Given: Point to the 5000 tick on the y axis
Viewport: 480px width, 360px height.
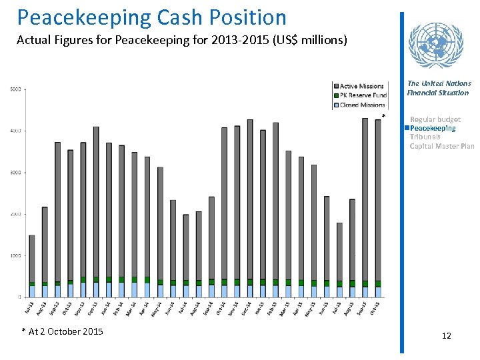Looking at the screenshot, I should pyautogui.click(x=15, y=89).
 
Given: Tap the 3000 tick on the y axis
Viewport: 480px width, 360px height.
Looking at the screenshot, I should pyautogui.click(x=15, y=173).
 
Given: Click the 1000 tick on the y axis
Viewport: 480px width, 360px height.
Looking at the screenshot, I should pyautogui.click(x=15, y=256).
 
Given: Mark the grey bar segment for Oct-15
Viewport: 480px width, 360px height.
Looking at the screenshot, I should pyautogui.click(x=378, y=200).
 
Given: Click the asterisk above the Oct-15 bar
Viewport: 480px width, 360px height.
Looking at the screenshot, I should pyautogui.click(x=383, y=117).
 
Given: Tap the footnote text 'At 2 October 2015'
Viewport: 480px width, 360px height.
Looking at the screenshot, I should pyautogui.click(x=65, y=331).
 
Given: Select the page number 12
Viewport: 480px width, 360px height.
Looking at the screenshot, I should pyautogui.click(x=446, y=335).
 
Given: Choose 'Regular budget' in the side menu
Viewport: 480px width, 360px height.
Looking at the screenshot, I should pyautogui.click(x=435, y=119).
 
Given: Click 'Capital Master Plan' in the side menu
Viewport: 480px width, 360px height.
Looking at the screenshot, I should pyautogui.click(x=441, y=146).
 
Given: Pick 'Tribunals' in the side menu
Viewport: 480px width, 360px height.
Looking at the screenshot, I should pyautogui.click(x=425, y=137).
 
